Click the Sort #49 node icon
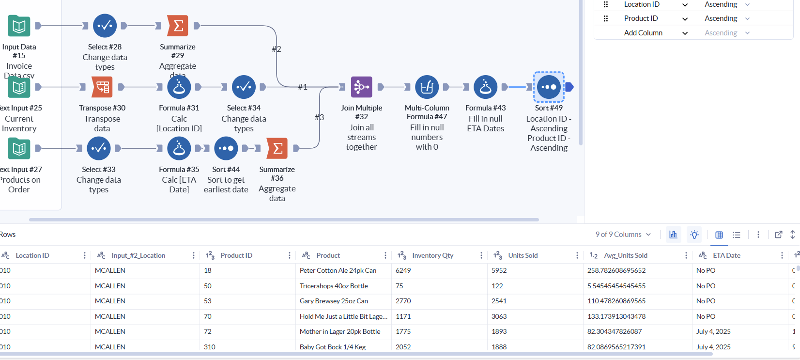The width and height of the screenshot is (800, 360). pos(549,87)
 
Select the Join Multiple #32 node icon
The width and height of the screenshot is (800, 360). pos(361,87)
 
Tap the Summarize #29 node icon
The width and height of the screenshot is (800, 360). pos(178,26)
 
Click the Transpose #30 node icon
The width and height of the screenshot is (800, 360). pos(102,87)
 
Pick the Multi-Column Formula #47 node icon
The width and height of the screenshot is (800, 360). pos(427,87)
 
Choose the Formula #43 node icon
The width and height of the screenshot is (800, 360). pos(485,87)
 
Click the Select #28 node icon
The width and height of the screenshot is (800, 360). pos(105,26)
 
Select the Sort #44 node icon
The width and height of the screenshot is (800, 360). pos(226,148)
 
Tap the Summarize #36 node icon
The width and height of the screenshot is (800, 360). pos(277,148)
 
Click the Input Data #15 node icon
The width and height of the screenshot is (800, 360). pos(19,26)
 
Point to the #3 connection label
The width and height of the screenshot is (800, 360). pos(319,117)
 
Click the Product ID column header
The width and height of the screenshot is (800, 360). pos(236,255)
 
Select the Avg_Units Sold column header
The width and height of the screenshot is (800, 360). pos(625,255)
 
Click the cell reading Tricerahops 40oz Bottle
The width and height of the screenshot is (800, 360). pos(334,286)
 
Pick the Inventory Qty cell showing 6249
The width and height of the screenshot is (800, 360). pos(403,270)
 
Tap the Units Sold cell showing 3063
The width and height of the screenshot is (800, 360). pos(499,316)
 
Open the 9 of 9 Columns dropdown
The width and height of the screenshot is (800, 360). pos(623,235)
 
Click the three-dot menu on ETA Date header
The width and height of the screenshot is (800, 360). pos(782,255)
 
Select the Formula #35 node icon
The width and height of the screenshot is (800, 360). pos(179,148)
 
